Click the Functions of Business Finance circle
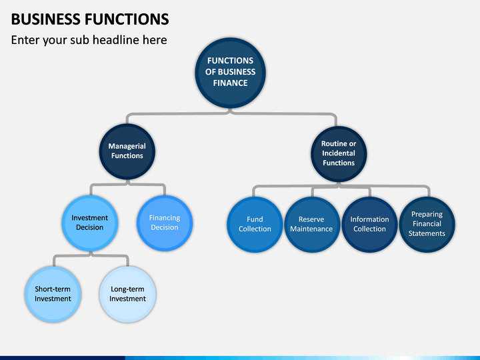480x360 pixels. pos(230,73)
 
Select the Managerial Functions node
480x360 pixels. pos(127,151)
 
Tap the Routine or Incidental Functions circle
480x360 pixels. pos(339,154)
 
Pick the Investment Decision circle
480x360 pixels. pos(90,223)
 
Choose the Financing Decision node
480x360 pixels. pos(165,223)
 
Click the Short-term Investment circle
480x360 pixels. pos(53,294)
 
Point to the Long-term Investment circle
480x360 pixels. pos(127,294)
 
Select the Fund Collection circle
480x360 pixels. pos(255,225)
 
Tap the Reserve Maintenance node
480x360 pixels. pos(311,225)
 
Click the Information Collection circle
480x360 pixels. pos(369,225)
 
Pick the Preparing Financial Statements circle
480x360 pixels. pos(427,225)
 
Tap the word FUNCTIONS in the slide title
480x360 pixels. pos(127,19)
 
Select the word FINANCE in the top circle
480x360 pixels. pos(230,83)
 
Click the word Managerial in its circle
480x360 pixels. pos(127,146)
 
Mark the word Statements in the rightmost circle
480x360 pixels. pos(427,233)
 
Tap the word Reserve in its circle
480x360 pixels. pos(311,219)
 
